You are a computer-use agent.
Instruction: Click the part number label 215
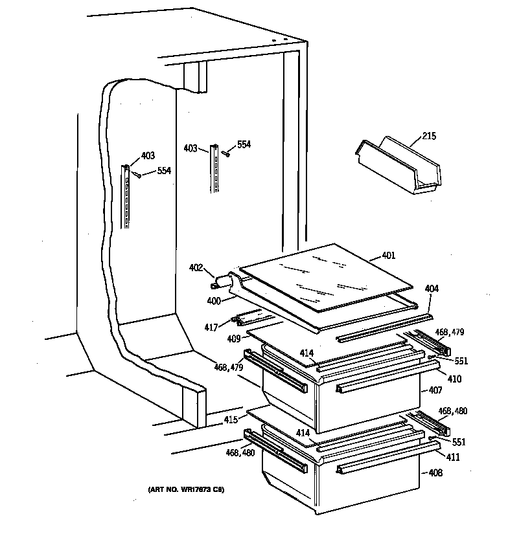[x=429, y=137]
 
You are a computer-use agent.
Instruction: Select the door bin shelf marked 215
[x=397, y=166]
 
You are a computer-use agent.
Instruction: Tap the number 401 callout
[x=388, y=256]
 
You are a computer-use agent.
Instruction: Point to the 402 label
[x=196, y=267]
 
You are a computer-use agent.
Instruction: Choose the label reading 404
[x=432, y=289]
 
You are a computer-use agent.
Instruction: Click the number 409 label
[x=235, y=338]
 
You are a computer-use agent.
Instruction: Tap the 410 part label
[x=455, y=379]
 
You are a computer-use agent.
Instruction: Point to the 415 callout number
[x=231, y=420]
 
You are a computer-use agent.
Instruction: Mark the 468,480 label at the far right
[x=452, y=410]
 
